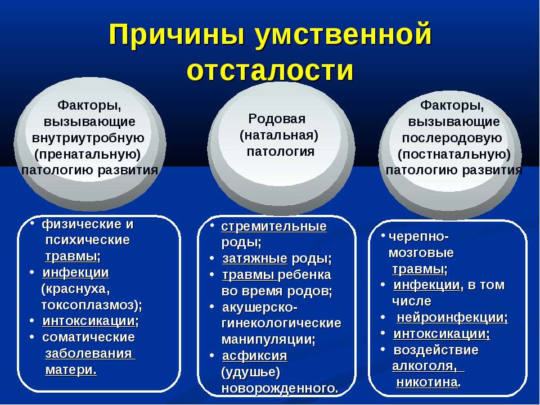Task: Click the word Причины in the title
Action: (177, 35)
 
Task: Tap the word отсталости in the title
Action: (271, 70)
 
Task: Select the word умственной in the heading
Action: (343, 35)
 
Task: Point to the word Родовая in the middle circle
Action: (277, 119)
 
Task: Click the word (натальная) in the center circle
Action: (279, 135)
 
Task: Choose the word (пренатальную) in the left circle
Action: (88, 154)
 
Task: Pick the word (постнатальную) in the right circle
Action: (454, 154)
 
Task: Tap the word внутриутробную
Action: (88, 138)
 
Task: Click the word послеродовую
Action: (452, 138)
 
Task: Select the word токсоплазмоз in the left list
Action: (88, 305)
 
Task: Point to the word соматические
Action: (88, 337)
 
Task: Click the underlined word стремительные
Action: (274, 227)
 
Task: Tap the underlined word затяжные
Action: (254, 258)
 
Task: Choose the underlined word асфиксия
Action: (254, 355)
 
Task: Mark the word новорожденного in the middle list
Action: (278, 389)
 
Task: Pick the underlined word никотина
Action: (427, 382)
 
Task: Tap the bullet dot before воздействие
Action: (382, 349)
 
